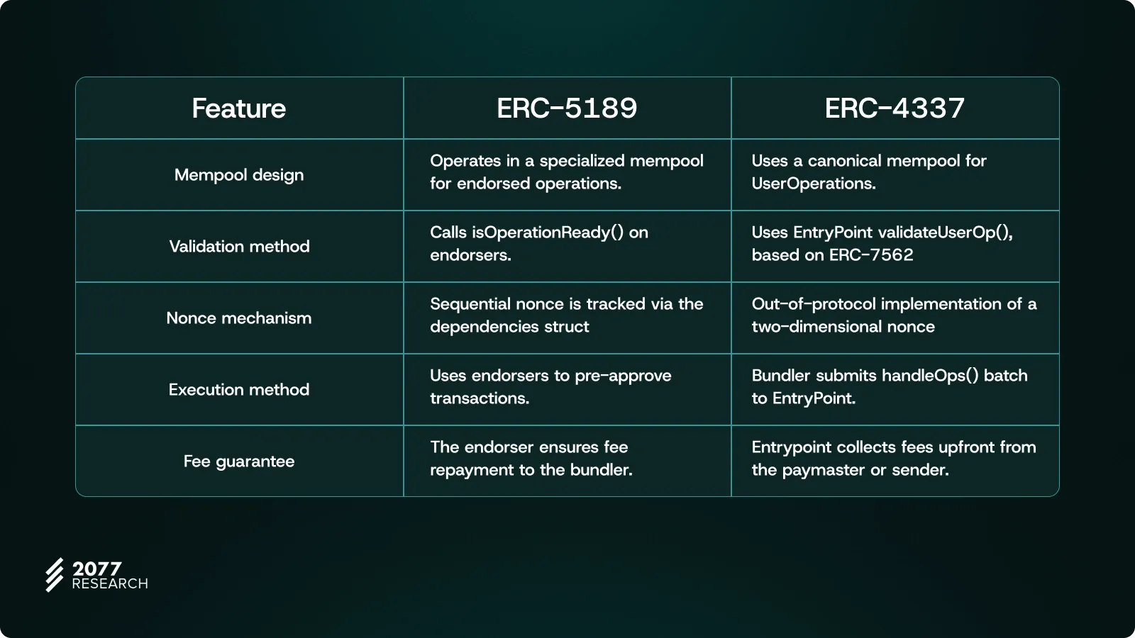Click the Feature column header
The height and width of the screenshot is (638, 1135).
click(238, 108)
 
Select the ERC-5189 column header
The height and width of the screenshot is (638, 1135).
click(567, 108)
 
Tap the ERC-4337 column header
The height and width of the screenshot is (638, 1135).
click(895, 108)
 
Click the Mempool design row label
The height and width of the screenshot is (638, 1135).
click(239, 175)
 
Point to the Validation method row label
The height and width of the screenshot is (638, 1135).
click(239, 247)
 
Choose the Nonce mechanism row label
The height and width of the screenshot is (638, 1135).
click(239, 318)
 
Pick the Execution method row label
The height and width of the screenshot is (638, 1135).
click(239, 389)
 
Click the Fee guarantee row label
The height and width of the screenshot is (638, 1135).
click(239, 461)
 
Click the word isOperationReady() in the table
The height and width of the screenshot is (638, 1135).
click(548, 233)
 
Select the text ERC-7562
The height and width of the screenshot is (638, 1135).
click(872, 254)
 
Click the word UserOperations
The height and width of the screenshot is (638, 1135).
click(814, 184)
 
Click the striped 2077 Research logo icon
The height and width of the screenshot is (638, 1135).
click(55, 575)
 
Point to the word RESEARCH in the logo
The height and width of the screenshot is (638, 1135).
click(110, 584)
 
